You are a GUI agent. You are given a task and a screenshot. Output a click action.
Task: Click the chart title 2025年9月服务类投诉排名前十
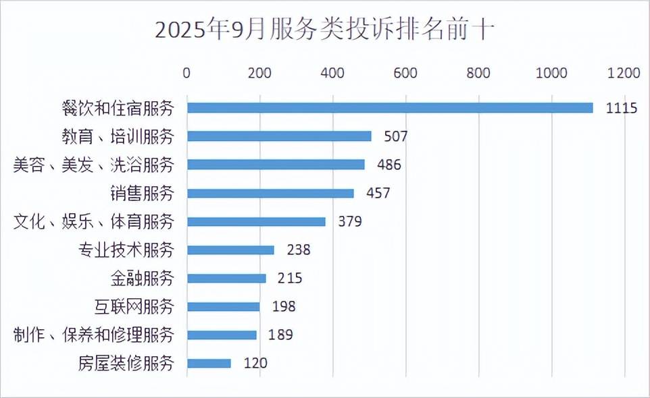click(325, 30)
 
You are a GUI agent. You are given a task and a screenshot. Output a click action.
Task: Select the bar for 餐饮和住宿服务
click(390, 108)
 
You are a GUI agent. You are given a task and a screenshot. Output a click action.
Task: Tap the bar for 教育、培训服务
click(279, 136)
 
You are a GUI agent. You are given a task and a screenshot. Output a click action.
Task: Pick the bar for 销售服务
click(270, 194)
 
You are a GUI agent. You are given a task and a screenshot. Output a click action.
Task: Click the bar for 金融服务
click(226, 278)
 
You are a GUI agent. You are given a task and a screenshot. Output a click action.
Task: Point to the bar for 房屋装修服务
click(209, 364)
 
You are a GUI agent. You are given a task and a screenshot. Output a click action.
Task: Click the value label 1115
click(622, 109)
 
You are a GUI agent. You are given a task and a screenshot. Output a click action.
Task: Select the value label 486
click(389, 165)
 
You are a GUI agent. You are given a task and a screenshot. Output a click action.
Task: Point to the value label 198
click(283, 307)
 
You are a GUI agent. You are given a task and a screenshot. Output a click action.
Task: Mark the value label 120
click(255, 364)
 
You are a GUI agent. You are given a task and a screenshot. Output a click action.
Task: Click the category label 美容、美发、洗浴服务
click(94, 165)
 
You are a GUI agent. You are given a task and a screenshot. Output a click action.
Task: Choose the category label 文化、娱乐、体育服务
click(94, 221)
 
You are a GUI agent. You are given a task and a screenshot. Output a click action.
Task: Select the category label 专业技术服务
click(126, 250)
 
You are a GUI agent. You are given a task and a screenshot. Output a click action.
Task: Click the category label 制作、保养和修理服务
click(94, 335)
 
